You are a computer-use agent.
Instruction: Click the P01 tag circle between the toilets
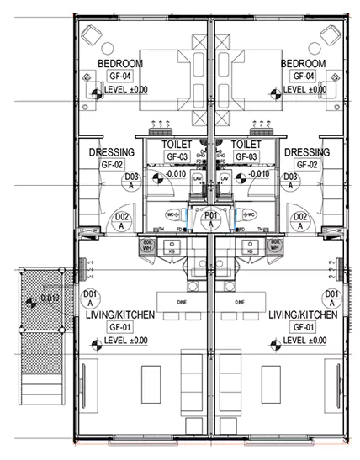211,219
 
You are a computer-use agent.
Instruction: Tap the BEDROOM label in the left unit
119,64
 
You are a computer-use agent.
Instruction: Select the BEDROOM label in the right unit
302,64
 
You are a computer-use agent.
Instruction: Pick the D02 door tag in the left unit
120,220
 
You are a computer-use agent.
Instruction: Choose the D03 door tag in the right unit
291,182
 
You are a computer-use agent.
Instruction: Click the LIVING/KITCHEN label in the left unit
117,315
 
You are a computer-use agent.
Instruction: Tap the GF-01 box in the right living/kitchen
303,327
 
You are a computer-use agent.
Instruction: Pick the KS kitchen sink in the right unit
248,250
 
